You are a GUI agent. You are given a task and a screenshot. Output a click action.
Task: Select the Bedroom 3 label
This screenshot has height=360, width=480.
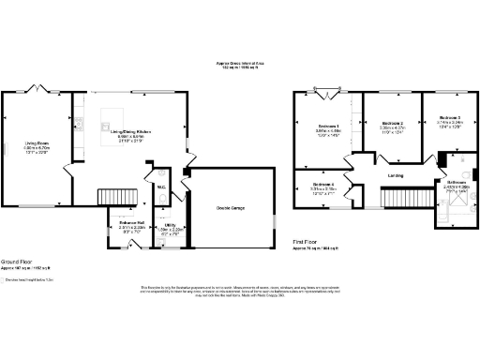(450, 120)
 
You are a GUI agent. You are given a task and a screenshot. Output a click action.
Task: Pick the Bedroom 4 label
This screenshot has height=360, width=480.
(324, 186)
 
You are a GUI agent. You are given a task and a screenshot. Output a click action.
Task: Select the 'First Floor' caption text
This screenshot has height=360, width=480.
(307, 242)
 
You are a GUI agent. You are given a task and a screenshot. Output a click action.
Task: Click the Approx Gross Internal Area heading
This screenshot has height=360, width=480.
(240, 64)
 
